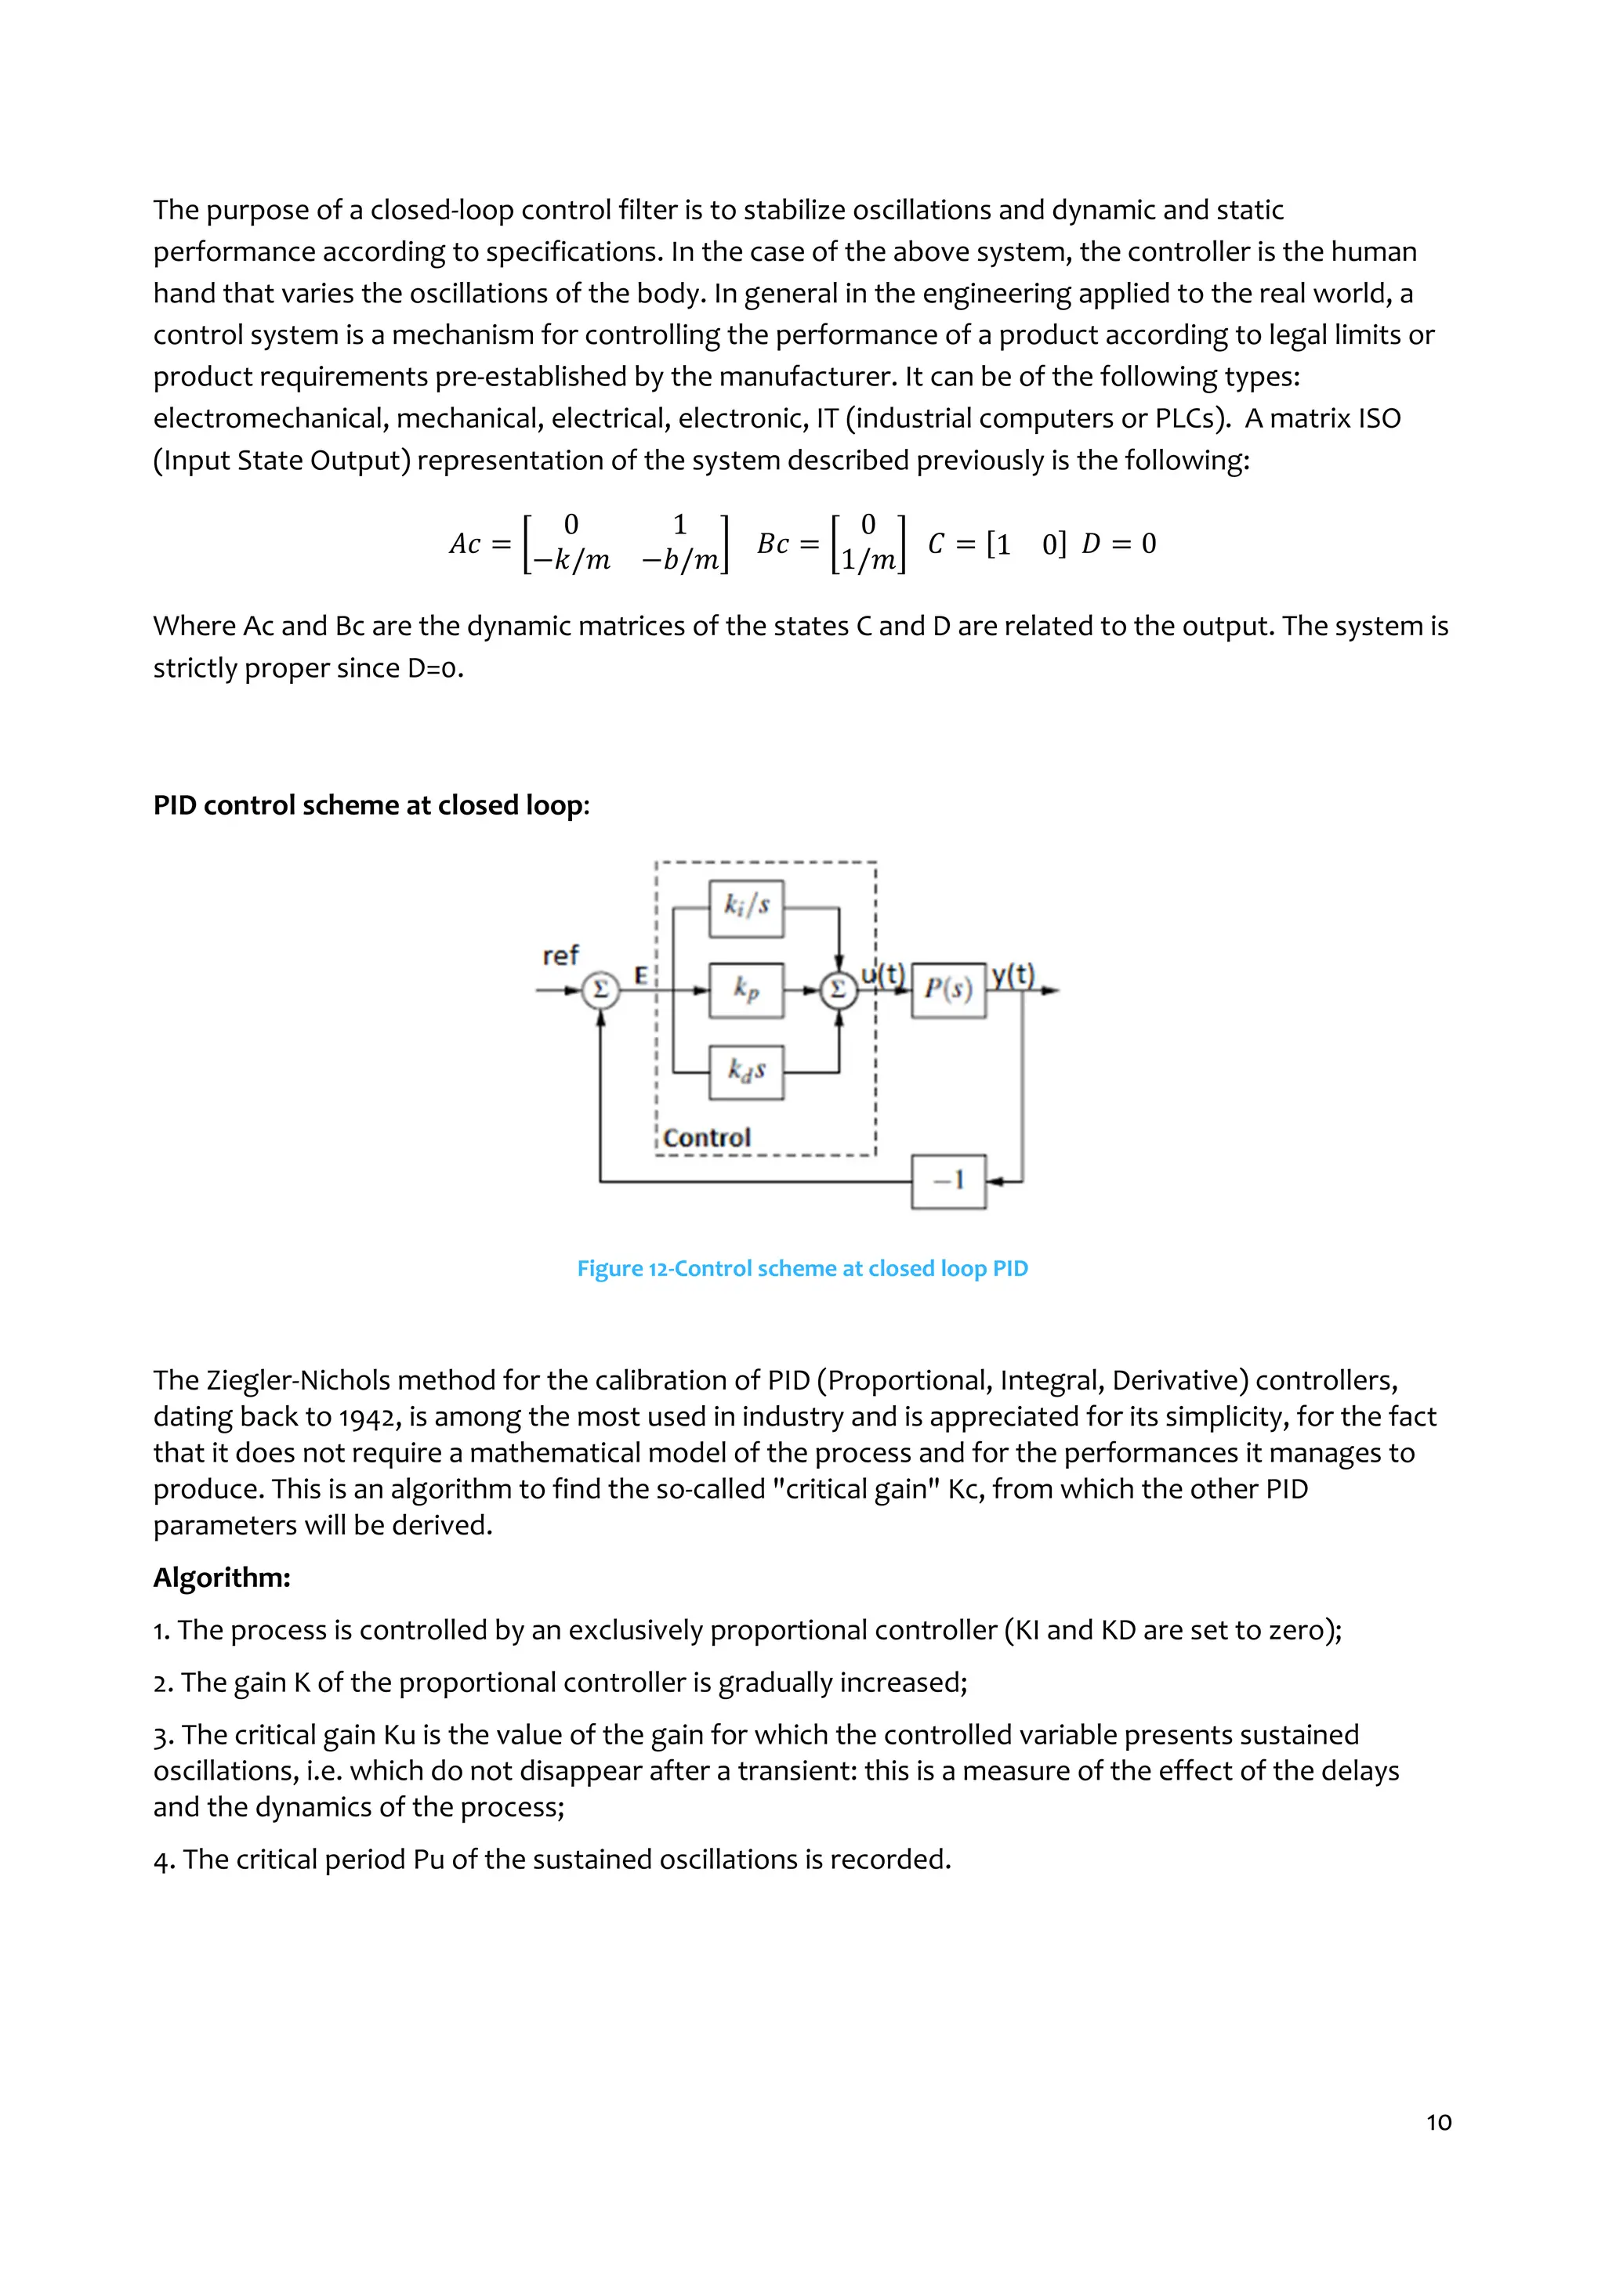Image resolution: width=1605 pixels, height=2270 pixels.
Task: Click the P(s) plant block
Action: (947, 989)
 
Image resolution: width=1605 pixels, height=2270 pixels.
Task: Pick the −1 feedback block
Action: (947, 1180)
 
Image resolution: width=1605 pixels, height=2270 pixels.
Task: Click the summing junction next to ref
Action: (600, 989)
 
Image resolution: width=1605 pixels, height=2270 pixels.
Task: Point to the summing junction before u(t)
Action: (839, 989)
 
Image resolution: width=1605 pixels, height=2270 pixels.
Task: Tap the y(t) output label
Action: (1013, 975)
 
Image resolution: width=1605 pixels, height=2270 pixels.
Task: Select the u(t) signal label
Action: (882, 975)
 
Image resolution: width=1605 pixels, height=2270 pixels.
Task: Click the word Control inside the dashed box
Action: (706, 1138)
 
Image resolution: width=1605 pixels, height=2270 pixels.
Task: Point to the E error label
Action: (641, 976)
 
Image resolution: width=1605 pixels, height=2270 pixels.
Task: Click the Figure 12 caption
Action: (802, 1268)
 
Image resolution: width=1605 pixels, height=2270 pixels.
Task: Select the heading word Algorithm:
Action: (222, 1577)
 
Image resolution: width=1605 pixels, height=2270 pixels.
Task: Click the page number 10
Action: (1438, 2122)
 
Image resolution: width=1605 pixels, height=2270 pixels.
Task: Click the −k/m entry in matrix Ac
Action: (571, 561)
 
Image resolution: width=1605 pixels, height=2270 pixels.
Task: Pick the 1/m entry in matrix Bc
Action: (868, 561)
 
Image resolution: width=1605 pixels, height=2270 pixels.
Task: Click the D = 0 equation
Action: (1118, 544)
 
